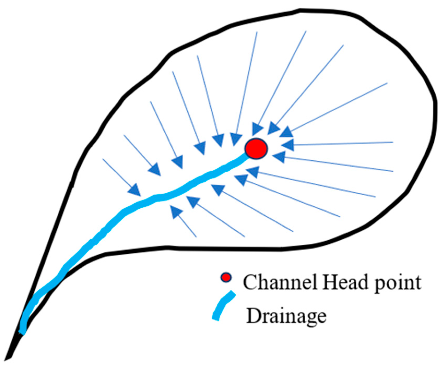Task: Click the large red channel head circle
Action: [x=256, y=148]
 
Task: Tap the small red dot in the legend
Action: [x=226, y=278]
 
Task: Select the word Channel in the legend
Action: [x=280, y=282]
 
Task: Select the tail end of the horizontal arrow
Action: [x=392, y=142]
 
